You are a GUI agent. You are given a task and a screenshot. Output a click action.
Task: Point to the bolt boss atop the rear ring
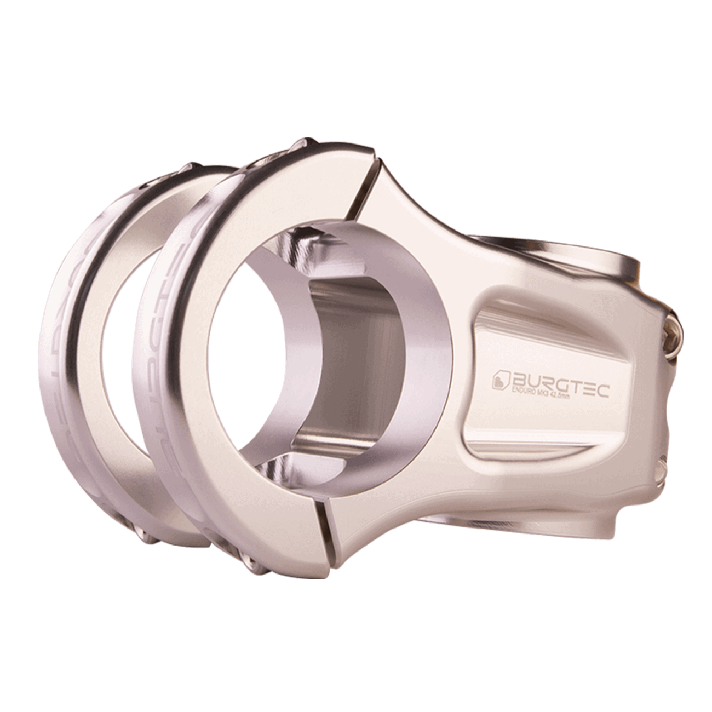click(192, 165)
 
